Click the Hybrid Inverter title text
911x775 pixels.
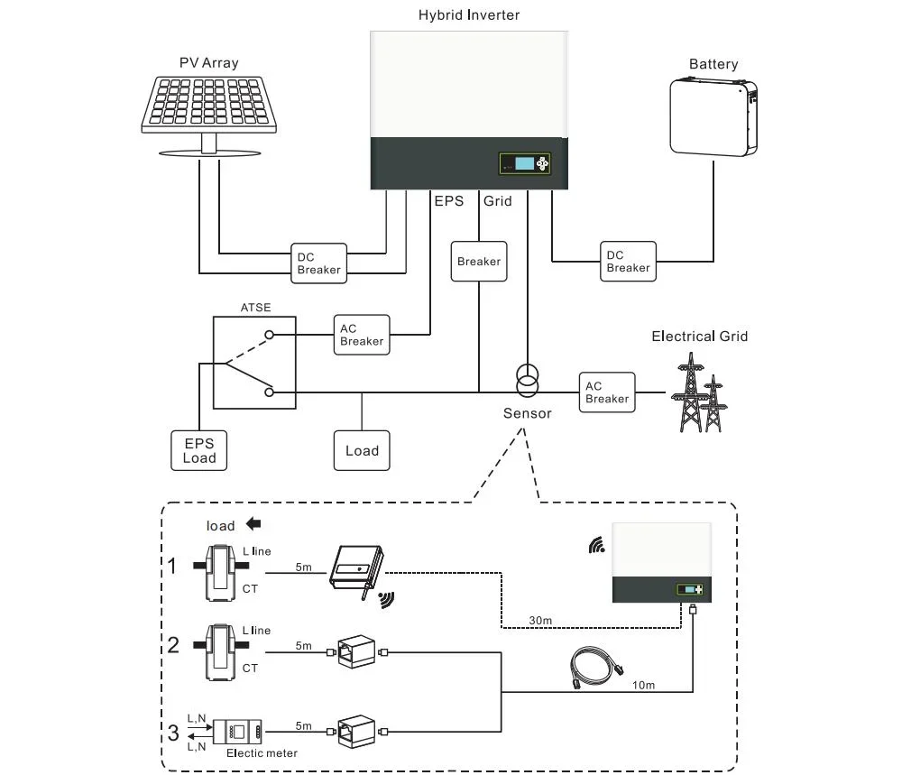[468, 14]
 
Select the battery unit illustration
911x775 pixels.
[712, 116]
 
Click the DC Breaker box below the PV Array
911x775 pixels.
[318, 263]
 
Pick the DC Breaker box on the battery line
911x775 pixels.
[627, 261]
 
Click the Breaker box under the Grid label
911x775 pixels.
[478, 262]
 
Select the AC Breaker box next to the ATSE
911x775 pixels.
[361, 335]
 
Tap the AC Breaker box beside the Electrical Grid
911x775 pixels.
[606, 392]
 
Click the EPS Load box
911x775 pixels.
[198, 450]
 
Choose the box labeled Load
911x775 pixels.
[362, 450]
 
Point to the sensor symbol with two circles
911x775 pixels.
[526, 381]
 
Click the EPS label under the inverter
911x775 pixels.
[448, 201]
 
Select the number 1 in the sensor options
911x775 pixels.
[172, 567]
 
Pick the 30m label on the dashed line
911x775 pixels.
[540, 621]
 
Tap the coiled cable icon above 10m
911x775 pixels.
[595, 668]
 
